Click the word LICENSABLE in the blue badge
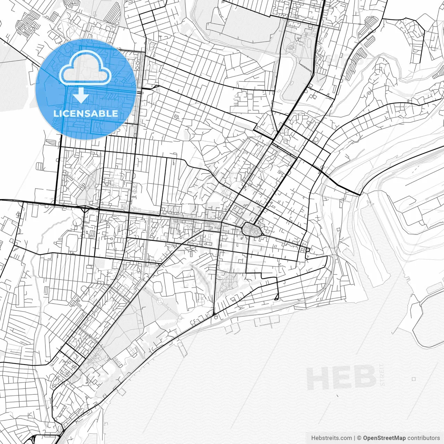(86, 113)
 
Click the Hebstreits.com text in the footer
(331, 438)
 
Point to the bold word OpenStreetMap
(384, 438)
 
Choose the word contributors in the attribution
(424, 438)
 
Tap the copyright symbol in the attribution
(359, 438)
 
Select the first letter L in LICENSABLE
(55, 113)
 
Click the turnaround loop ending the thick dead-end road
(276, 298)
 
